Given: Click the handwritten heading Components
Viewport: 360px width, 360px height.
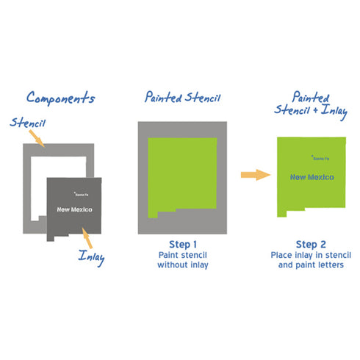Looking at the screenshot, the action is (60, 98).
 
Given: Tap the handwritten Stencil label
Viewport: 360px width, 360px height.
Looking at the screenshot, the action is (28, 123).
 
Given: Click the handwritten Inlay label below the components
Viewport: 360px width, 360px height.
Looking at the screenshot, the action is (91, 257).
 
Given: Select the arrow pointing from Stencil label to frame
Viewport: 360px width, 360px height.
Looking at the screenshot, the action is (37, 139).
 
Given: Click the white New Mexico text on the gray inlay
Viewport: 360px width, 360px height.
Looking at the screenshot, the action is (74, 209).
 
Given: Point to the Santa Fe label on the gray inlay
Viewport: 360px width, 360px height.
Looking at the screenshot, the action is (82, 195).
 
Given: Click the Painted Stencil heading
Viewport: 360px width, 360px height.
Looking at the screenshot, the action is (182, 97).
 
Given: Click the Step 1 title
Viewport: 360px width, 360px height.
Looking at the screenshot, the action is (183, 245).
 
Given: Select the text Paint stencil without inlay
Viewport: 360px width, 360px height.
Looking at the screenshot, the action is (183, 260).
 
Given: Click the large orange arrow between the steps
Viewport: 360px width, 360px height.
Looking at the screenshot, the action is (256, 175).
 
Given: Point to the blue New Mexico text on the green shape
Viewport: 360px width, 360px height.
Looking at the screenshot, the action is (312, 177).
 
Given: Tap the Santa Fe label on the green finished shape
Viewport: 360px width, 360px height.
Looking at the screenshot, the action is (320, 158).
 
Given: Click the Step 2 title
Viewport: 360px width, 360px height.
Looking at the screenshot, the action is (311, 245).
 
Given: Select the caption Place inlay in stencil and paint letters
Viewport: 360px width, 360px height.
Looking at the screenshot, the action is (311, 260).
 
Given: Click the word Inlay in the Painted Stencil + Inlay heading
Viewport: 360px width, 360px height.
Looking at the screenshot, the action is (334, 112).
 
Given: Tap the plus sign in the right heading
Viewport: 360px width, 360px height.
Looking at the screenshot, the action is (315, 110).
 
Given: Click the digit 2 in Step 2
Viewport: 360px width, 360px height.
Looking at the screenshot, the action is (323, 245).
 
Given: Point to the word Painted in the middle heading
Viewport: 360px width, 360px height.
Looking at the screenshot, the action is (163, 97).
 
